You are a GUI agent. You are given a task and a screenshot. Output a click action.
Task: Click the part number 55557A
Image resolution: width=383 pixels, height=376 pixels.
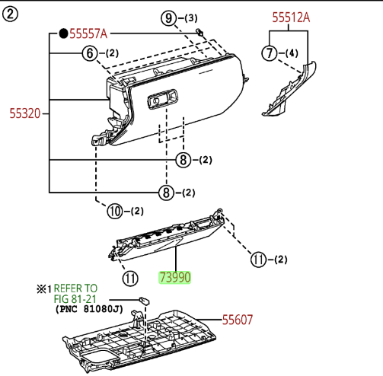pyautogui.click(x=88, y=33)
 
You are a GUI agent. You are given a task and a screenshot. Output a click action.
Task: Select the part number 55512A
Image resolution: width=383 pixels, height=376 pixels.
pyautogui.click(x=291, y=18)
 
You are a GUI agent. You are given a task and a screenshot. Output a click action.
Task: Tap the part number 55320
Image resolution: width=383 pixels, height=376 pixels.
pyautogui.click(x=25, y=113)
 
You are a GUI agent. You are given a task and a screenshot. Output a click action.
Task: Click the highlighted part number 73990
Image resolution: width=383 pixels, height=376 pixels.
pyautogui.click(x=174, y=277)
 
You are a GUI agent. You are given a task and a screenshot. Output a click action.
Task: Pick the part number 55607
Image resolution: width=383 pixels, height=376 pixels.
pyautogui.click(x=238, y=320)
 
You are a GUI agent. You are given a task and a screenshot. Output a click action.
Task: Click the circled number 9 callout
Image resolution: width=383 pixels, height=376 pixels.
pyautogui.click(x=168, y=18)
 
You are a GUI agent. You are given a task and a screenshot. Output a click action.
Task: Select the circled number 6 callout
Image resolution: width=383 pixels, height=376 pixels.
pyautogui.click(x=90, y=53)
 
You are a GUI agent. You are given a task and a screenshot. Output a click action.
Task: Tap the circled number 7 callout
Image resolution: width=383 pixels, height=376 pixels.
pyautogui.click(x=269, y=53)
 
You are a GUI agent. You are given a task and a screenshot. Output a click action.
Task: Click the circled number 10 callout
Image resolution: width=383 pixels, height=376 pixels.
pyautogui.click(x=115, y=211)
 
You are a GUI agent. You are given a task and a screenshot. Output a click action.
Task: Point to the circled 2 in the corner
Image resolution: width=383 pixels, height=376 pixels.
pyautogui.click(x=10, y=14)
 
